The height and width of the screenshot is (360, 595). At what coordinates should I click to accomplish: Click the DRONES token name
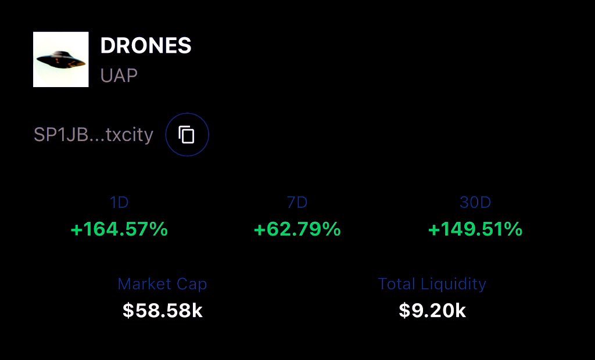146,46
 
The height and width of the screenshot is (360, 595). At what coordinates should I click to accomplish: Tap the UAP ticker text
119,75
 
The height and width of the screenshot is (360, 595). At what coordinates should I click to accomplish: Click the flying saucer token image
61,59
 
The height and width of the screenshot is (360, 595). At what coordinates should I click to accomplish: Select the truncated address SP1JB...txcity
94,135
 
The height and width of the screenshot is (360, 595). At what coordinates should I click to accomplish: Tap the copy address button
187,135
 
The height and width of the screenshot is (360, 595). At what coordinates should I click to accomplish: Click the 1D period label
119,203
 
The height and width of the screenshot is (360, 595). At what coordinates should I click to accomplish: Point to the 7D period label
297,203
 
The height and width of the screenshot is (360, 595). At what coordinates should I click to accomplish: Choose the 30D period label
475,203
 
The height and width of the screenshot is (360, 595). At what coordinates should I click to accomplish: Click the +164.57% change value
119,229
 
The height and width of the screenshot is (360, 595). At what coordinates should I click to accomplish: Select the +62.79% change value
297,229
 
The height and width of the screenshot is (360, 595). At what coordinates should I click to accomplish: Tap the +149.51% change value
475,229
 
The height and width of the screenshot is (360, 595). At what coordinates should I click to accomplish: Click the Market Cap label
162,284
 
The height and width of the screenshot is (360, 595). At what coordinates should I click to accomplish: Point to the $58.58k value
163,311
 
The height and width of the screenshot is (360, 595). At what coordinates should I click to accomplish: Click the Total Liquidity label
432,284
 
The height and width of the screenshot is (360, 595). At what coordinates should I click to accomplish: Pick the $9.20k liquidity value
432,311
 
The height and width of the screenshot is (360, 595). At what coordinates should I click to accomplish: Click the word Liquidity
453,284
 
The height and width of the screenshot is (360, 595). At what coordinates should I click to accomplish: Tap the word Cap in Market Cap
193,284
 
